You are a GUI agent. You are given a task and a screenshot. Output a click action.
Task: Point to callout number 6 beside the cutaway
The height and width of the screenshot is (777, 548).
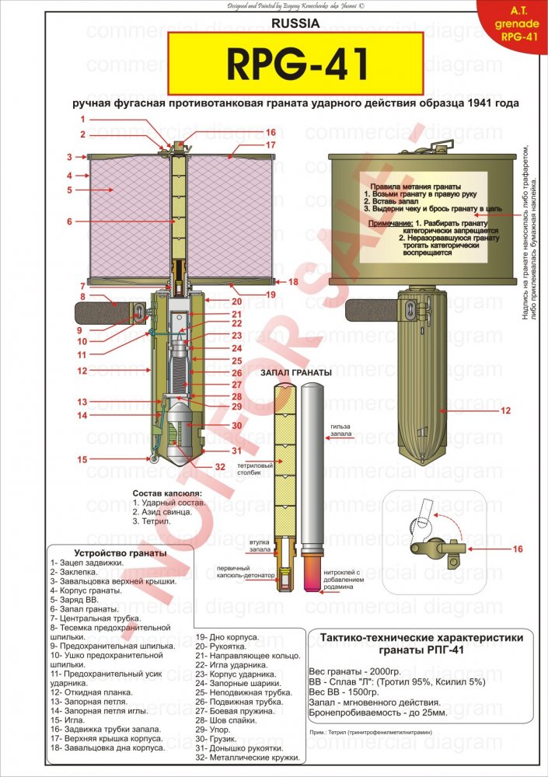[68, 221]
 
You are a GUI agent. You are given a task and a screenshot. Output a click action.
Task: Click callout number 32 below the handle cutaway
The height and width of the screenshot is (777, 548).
[220, 467]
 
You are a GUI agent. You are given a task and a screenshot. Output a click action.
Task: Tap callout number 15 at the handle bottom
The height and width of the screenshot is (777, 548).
[82, 459]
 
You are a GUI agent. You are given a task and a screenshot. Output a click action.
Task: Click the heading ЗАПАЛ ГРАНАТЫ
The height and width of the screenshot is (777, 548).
[296, 373]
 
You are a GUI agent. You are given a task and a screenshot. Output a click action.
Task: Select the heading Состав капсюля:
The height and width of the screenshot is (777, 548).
[167, 493]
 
